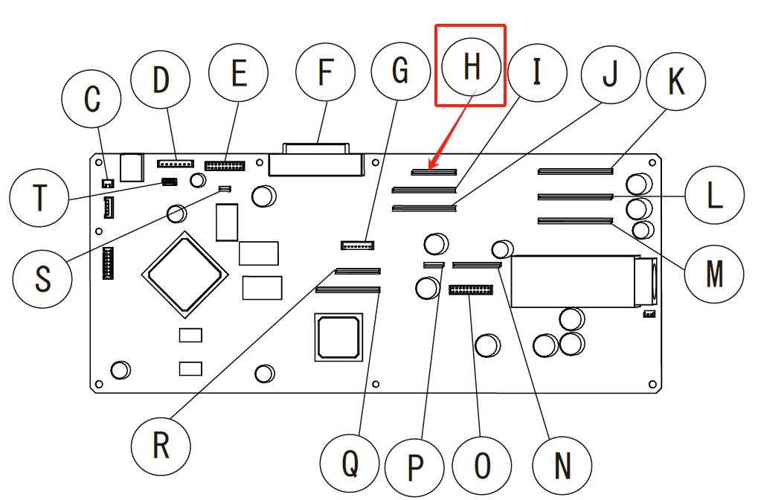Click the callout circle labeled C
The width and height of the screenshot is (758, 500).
[91, 99]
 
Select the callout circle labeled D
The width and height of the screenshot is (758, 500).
[161, 80]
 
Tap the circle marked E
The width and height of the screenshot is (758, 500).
[238, 74]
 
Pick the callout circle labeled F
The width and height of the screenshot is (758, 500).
[324, 72]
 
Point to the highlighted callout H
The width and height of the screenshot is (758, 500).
[471, 66]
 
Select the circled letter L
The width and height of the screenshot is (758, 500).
[714, 196]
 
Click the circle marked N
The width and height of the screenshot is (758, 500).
[563, 466]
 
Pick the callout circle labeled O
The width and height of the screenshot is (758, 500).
[482, 466]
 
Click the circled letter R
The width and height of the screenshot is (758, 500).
[161, 445]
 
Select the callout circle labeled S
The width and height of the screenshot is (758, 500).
[42, 278]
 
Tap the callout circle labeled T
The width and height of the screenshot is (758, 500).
[39, 198]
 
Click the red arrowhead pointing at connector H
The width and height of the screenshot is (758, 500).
[433, 166]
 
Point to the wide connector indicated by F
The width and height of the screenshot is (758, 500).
[316, 163]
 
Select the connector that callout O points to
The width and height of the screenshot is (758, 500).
[471, 289]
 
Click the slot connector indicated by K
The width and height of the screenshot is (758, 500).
[575, 171]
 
